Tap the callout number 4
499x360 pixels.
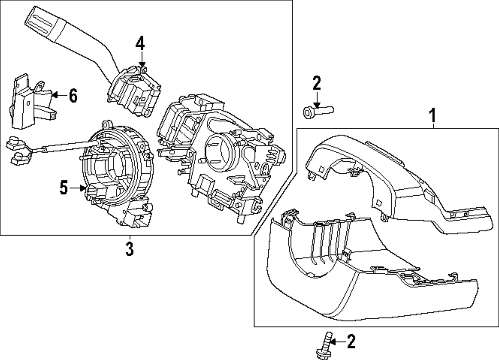(x=140, y=44)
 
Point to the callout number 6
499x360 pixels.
(x=73, y=95)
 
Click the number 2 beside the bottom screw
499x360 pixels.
(x=351, y=342)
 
